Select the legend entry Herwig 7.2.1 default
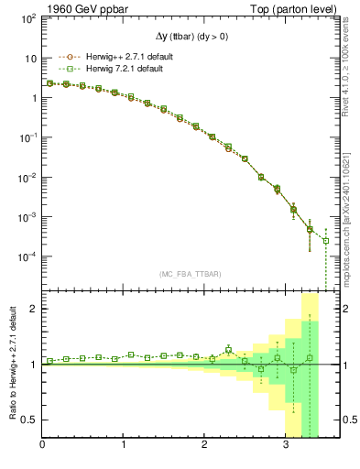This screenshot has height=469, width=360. (111, 69)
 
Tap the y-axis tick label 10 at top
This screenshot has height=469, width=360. (30, 58)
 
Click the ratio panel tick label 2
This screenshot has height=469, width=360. (34, 309)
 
